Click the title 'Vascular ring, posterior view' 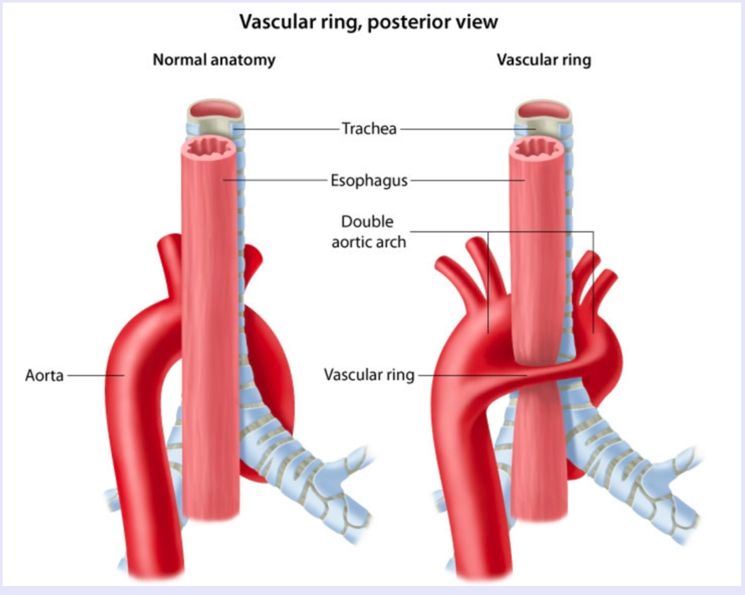[369, 21]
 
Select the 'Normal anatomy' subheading [214, 60]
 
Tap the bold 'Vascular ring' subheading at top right [544, 60]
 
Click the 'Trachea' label [369, 128]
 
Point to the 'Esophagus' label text [369, 180]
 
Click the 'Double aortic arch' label [368, 231]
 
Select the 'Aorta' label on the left [45, 375]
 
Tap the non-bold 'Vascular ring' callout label [369, 375]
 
